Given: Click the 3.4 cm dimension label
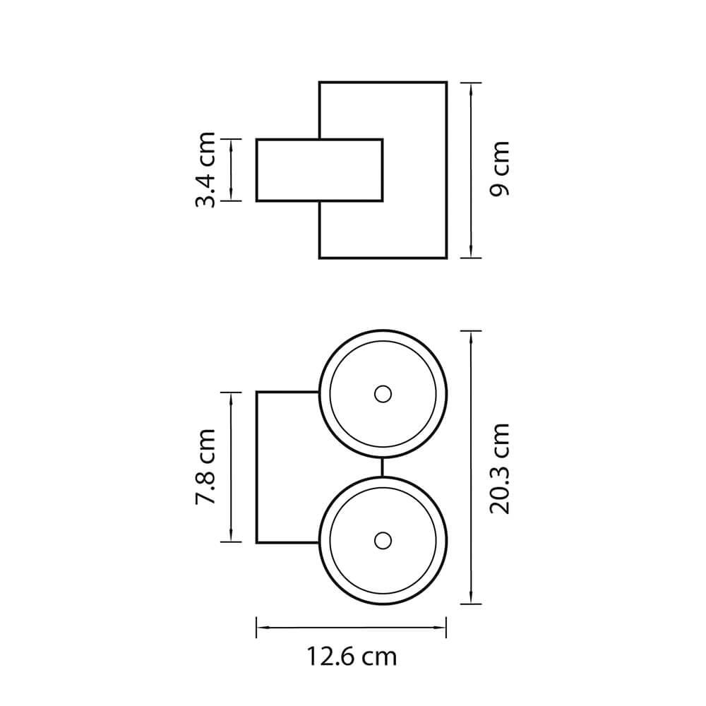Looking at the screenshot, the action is (205, 169).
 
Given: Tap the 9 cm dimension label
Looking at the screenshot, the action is (499, 169).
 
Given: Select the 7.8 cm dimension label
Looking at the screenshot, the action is (205, 467).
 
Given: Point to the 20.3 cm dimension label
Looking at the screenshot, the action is (499, 468).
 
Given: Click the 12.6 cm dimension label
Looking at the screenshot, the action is (352, 657).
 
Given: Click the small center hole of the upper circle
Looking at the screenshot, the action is (383, 394).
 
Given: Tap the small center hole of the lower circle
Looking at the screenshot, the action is (383, 540).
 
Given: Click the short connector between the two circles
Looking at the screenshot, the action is (382, 467).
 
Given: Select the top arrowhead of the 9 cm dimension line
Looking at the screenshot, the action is (471, 89).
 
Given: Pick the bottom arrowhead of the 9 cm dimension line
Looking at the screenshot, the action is (471, 252).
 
